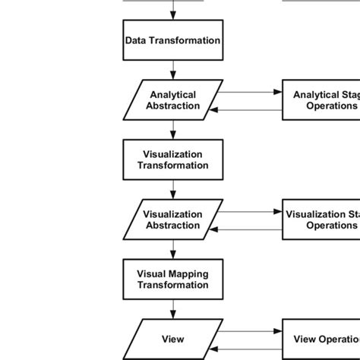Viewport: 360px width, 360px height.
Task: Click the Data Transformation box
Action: (173, 40)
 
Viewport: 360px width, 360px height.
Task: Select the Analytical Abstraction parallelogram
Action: (173, 100)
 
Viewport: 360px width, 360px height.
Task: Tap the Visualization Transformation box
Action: (173, 159)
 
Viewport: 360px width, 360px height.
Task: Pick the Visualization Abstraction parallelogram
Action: (173, 219)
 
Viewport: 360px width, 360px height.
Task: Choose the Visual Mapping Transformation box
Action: (173, 279)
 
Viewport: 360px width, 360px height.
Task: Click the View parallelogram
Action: (173, 339)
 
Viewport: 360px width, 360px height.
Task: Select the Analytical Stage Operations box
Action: (321, 100)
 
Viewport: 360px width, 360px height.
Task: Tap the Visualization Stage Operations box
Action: (321, 219)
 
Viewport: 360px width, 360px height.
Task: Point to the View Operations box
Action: (321, 339)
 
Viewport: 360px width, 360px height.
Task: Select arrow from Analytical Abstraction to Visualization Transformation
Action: (173, 130)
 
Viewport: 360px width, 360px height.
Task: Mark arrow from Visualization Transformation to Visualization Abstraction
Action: (173, 189)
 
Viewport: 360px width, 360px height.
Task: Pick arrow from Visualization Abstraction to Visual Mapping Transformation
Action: (173, 249)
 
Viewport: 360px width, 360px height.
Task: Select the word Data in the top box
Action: (137, 40)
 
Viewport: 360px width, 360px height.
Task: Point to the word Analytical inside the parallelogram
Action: (173, 95)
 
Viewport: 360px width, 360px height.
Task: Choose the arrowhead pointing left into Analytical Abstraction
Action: (215, 109)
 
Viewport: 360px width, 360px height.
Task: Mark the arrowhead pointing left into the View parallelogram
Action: (215, 347)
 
